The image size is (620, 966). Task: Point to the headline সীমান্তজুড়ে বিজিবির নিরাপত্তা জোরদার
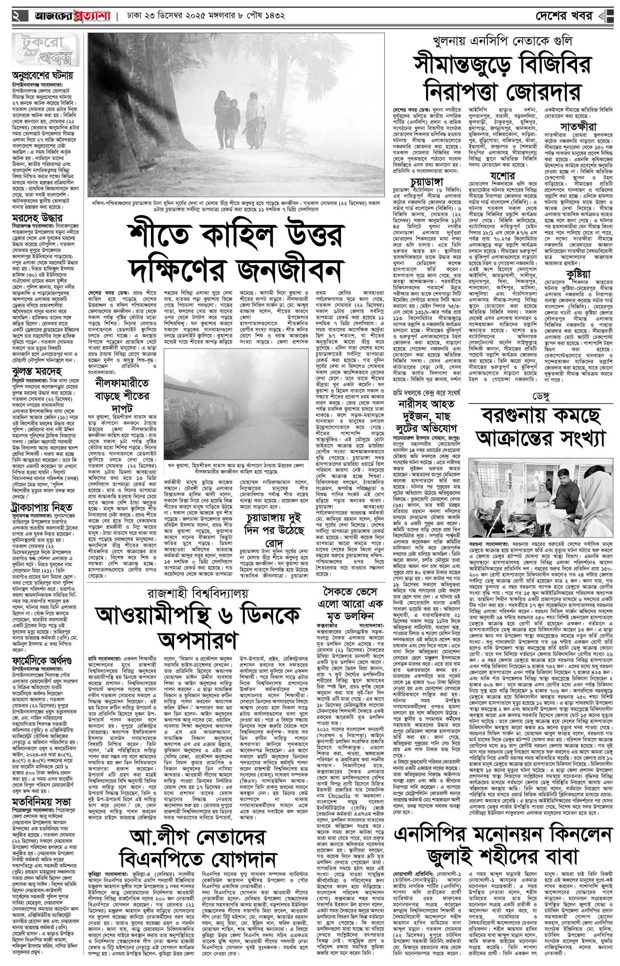point(502,79)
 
